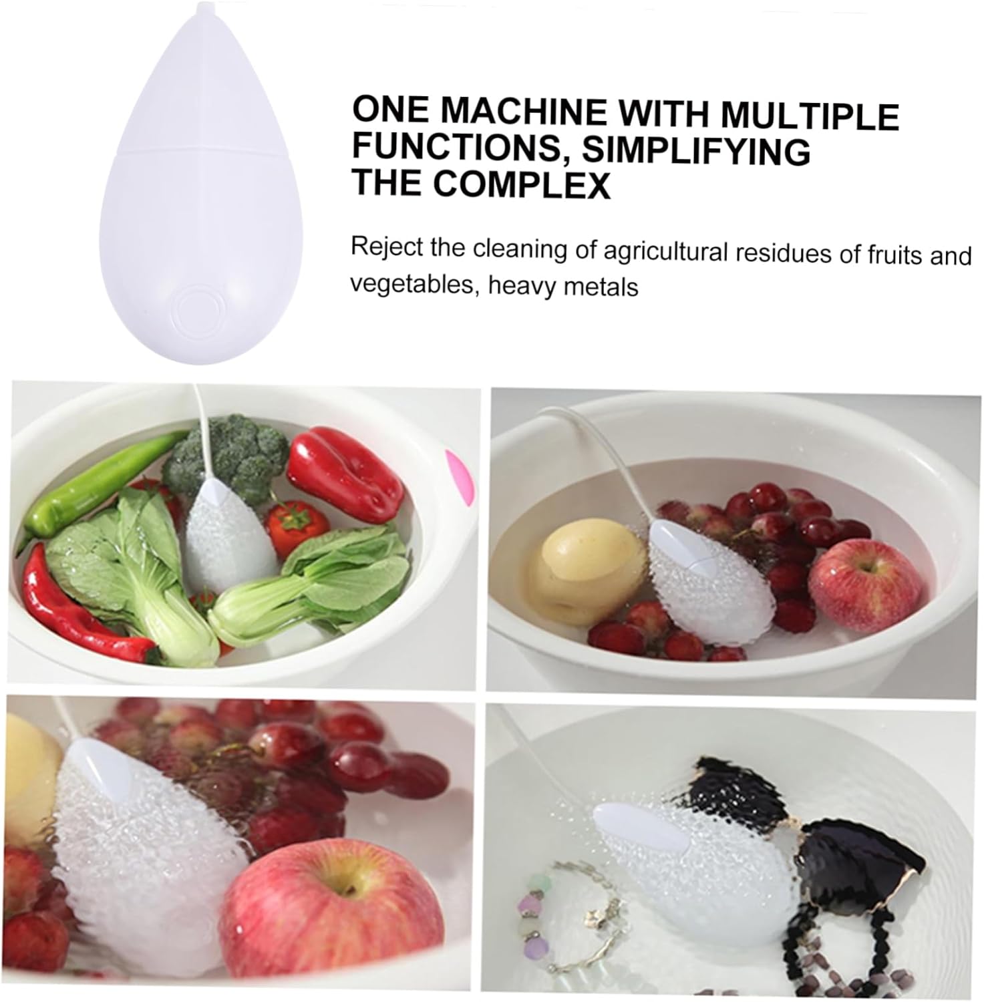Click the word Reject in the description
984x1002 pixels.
(x=387, y=247)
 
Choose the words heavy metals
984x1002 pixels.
(x=562, y=287)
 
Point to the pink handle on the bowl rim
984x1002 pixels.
(x=461, y=478)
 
